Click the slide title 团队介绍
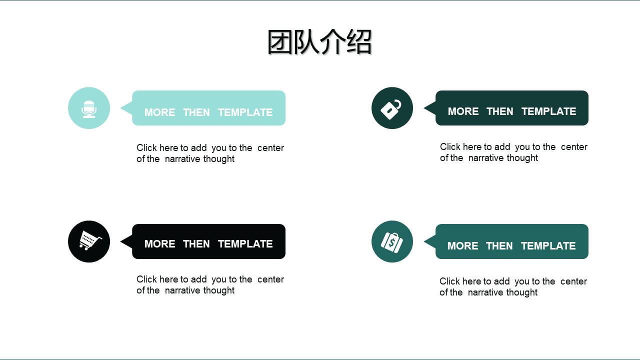coord(319,42)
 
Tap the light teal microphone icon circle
coord(89,108)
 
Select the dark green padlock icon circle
coord(392,108)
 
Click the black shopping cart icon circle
coord(89,241)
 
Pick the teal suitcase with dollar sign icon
coord(392,241)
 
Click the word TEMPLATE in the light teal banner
coord(245,112)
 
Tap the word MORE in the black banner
coord(159,244)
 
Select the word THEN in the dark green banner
coord(499,111)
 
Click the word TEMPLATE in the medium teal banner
coord(548,246)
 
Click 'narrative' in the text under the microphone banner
coord(183,159)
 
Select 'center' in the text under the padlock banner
coord(574,147)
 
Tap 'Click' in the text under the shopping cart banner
coord(147,279)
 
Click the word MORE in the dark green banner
coord(463,111)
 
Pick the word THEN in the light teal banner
coord(196,112)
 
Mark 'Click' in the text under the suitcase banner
coord(450,281)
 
